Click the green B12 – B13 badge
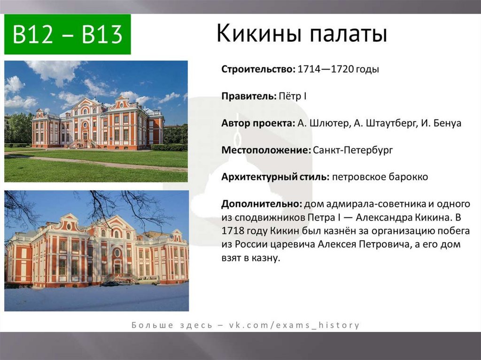tap(68, 34)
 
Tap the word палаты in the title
tap(349, 34)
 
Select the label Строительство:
tap(258, 69)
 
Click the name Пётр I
tap(293, 96)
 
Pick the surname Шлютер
tap(329, 123)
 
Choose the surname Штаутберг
tap(392, 123)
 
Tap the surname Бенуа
tap(448, 123)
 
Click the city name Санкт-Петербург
tap(353, 150)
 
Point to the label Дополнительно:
tap(262, 204)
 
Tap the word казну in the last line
tap(266, 258)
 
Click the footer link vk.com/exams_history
tap(294, 325)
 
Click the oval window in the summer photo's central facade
tap(85, 125)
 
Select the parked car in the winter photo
tap(109, 283)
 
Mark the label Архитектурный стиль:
tap(275, 177)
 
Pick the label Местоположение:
tap(266, 150)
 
